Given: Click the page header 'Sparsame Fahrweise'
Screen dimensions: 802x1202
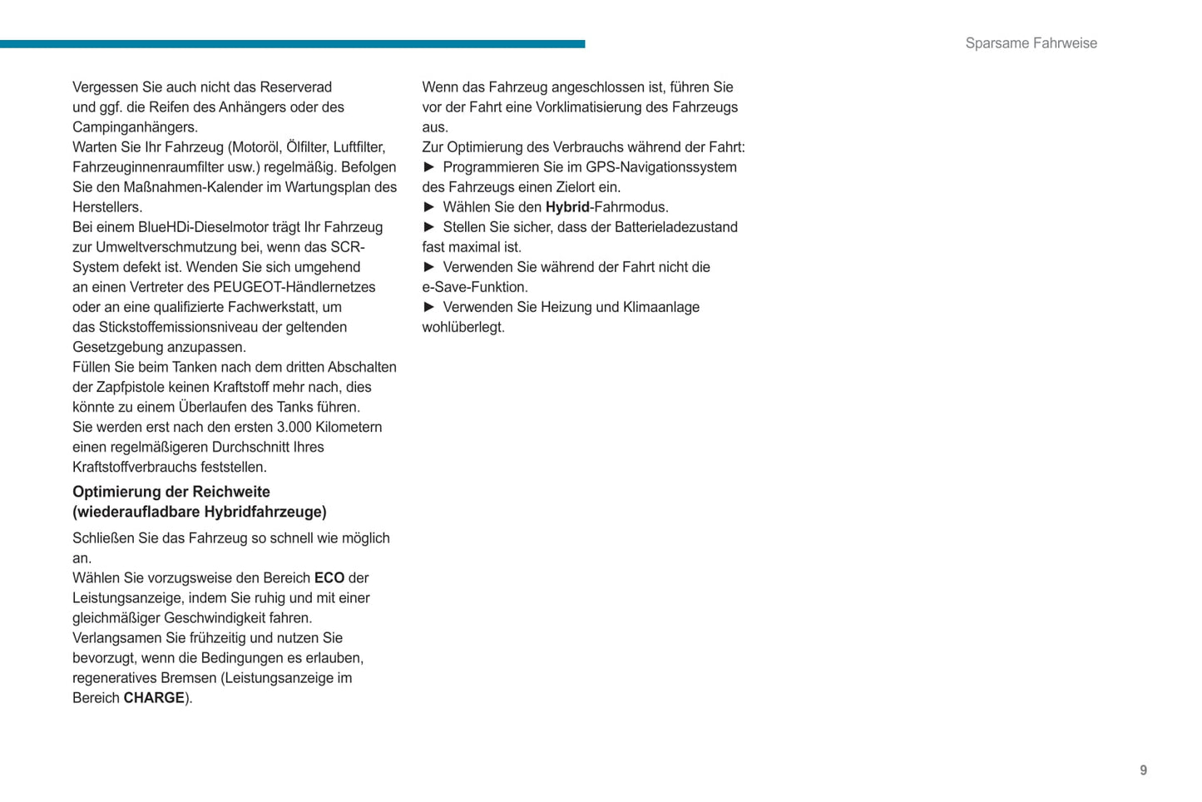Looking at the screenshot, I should pos(1031,43).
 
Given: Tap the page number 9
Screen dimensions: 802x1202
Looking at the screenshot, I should pos(1143,770).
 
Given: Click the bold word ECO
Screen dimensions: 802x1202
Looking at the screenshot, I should pos(329,578).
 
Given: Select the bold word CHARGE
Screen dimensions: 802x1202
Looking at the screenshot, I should pos(154,698).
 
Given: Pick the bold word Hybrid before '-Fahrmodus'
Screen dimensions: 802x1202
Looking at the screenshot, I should pos(567,207).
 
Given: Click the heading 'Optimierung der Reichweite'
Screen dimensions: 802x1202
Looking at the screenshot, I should pos(171,492).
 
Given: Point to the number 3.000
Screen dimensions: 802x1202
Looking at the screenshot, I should pos(294,427).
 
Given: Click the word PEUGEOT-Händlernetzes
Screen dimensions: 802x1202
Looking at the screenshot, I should pos(294,287).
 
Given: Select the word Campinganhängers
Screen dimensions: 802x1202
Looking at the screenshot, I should pos(135,127).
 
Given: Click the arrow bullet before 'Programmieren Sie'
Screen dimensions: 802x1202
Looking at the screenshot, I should pos(429,167).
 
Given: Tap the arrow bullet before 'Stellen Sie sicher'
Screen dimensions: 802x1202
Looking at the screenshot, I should pos(429,227).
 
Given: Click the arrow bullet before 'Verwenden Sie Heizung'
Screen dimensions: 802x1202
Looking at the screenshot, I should pos(429,307).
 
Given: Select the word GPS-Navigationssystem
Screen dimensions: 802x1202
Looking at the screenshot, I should pos(661,167).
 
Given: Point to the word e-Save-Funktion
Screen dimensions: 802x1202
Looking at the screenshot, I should pos(474,287).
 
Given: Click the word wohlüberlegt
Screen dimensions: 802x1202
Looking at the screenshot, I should pos(463,327).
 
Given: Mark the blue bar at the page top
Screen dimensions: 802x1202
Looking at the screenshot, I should pos(292,44).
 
